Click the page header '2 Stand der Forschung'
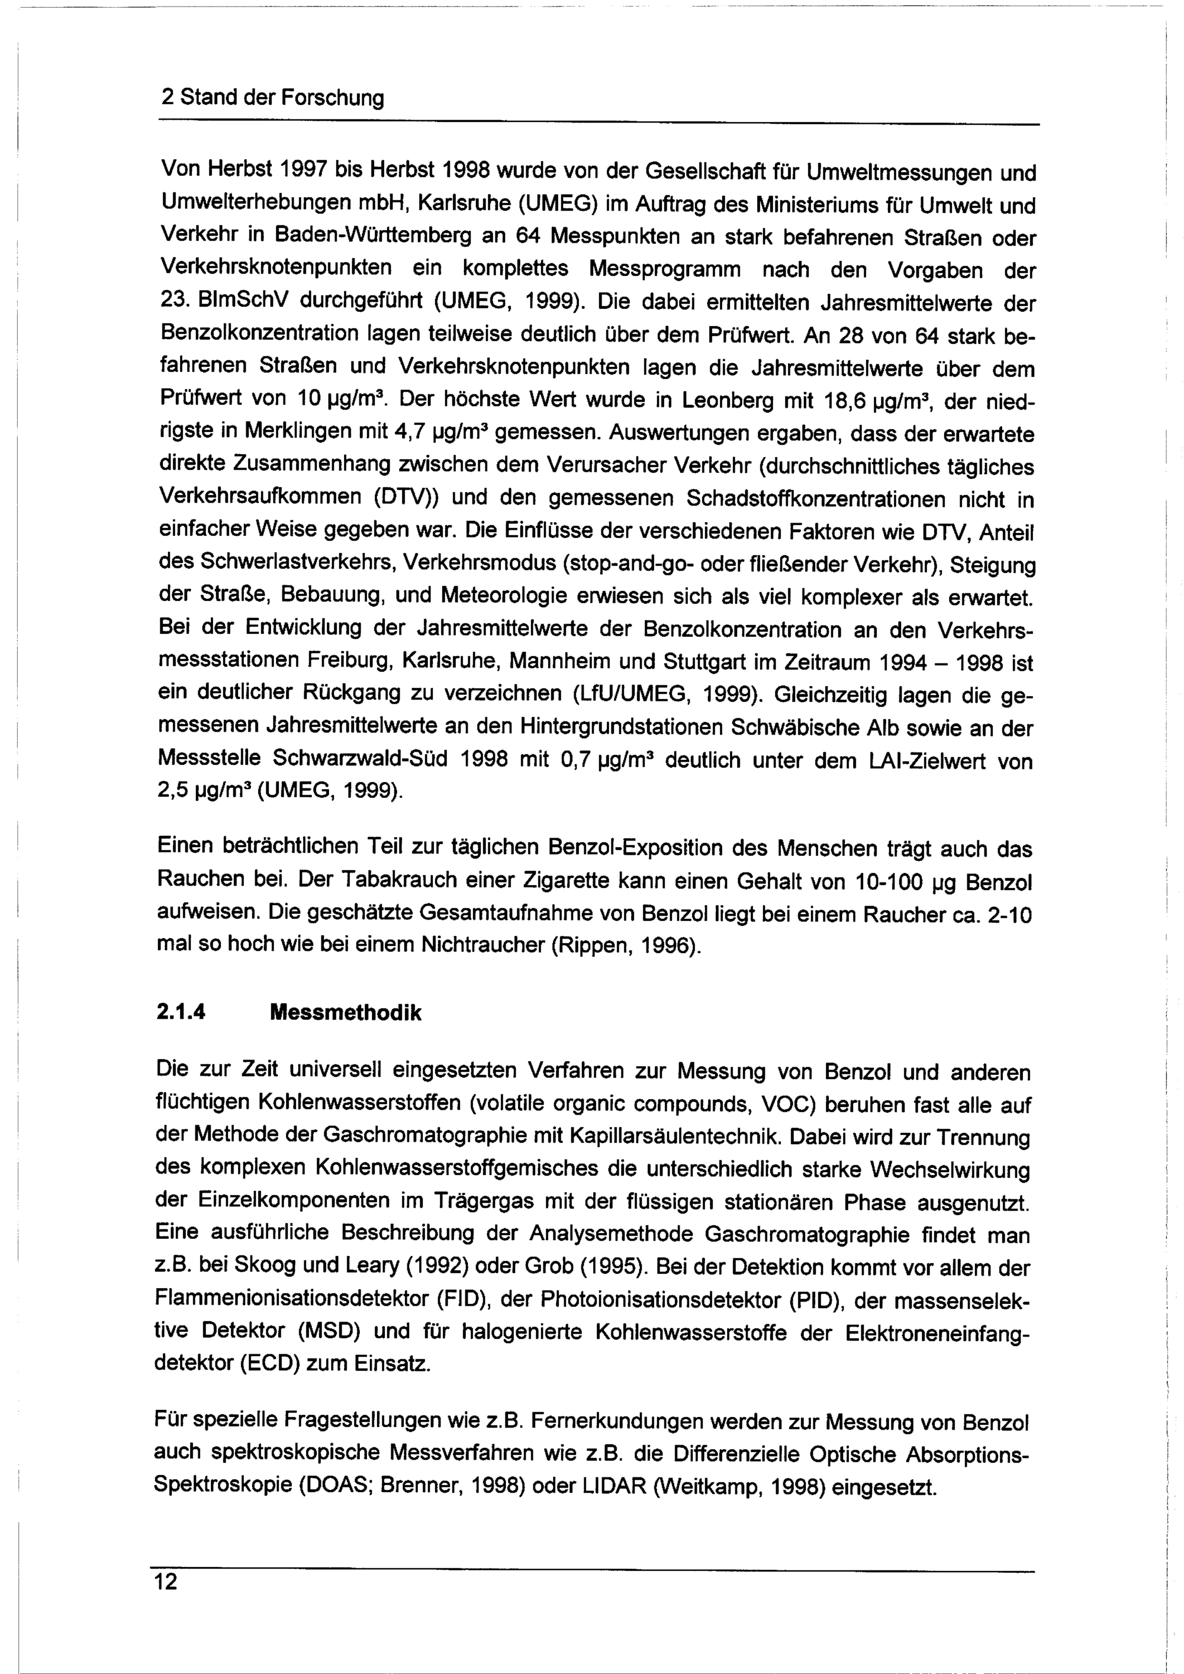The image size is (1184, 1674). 271,98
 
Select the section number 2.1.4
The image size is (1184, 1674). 181,1013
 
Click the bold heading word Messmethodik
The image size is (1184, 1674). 345,1013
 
